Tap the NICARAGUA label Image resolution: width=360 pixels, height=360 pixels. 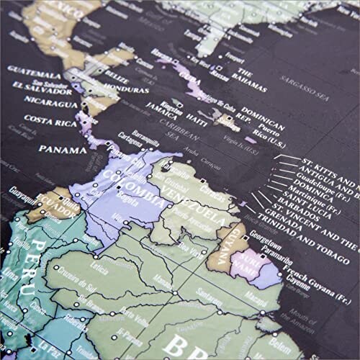pyautogui.click(x=32, y=103)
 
